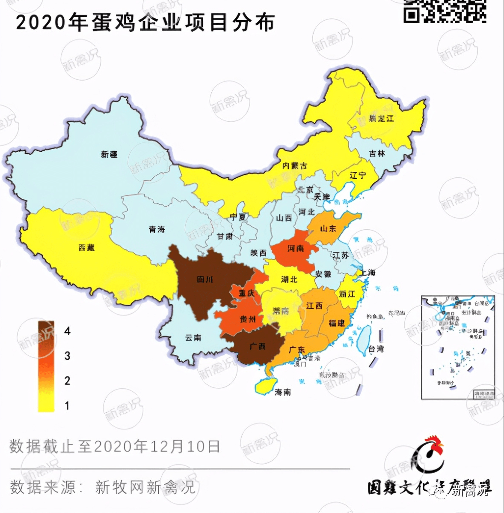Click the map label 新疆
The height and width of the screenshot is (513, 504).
point(109,154)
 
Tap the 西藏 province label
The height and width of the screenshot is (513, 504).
point(87,248)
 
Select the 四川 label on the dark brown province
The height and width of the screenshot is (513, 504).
point(205,279)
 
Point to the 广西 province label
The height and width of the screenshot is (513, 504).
point(258,346)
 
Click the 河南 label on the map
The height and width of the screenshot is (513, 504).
point(296,249)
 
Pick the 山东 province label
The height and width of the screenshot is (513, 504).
point(328,229)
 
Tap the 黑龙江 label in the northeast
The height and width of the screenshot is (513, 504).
point(381,118)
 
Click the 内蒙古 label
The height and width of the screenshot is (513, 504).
point(294,166)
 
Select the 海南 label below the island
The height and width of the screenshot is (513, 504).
point(283,392)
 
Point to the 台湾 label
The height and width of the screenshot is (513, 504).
point(376,349)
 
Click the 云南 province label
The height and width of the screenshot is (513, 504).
point(193,338)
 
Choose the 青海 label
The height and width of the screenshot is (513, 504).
point(157,230)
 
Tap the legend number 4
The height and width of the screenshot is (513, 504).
point(67,331)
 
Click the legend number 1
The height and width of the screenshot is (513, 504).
point(67,405)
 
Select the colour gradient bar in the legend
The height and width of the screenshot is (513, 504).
point(46,366)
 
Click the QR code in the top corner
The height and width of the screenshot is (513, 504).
point(445,11)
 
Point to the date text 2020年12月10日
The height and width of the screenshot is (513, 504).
point(157,447)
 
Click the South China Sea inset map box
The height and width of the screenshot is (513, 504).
point(458,347)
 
